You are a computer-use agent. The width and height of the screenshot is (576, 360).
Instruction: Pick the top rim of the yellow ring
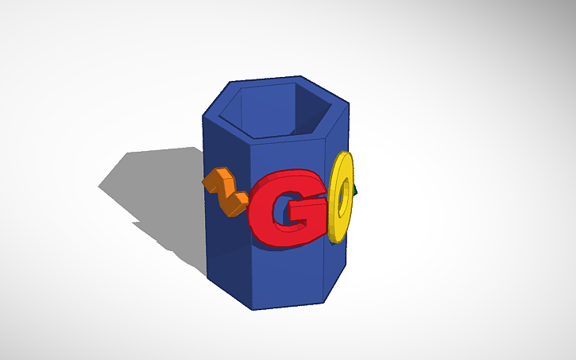coord(343,156)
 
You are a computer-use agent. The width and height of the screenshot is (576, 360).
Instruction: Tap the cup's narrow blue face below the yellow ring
coord(335,270)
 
